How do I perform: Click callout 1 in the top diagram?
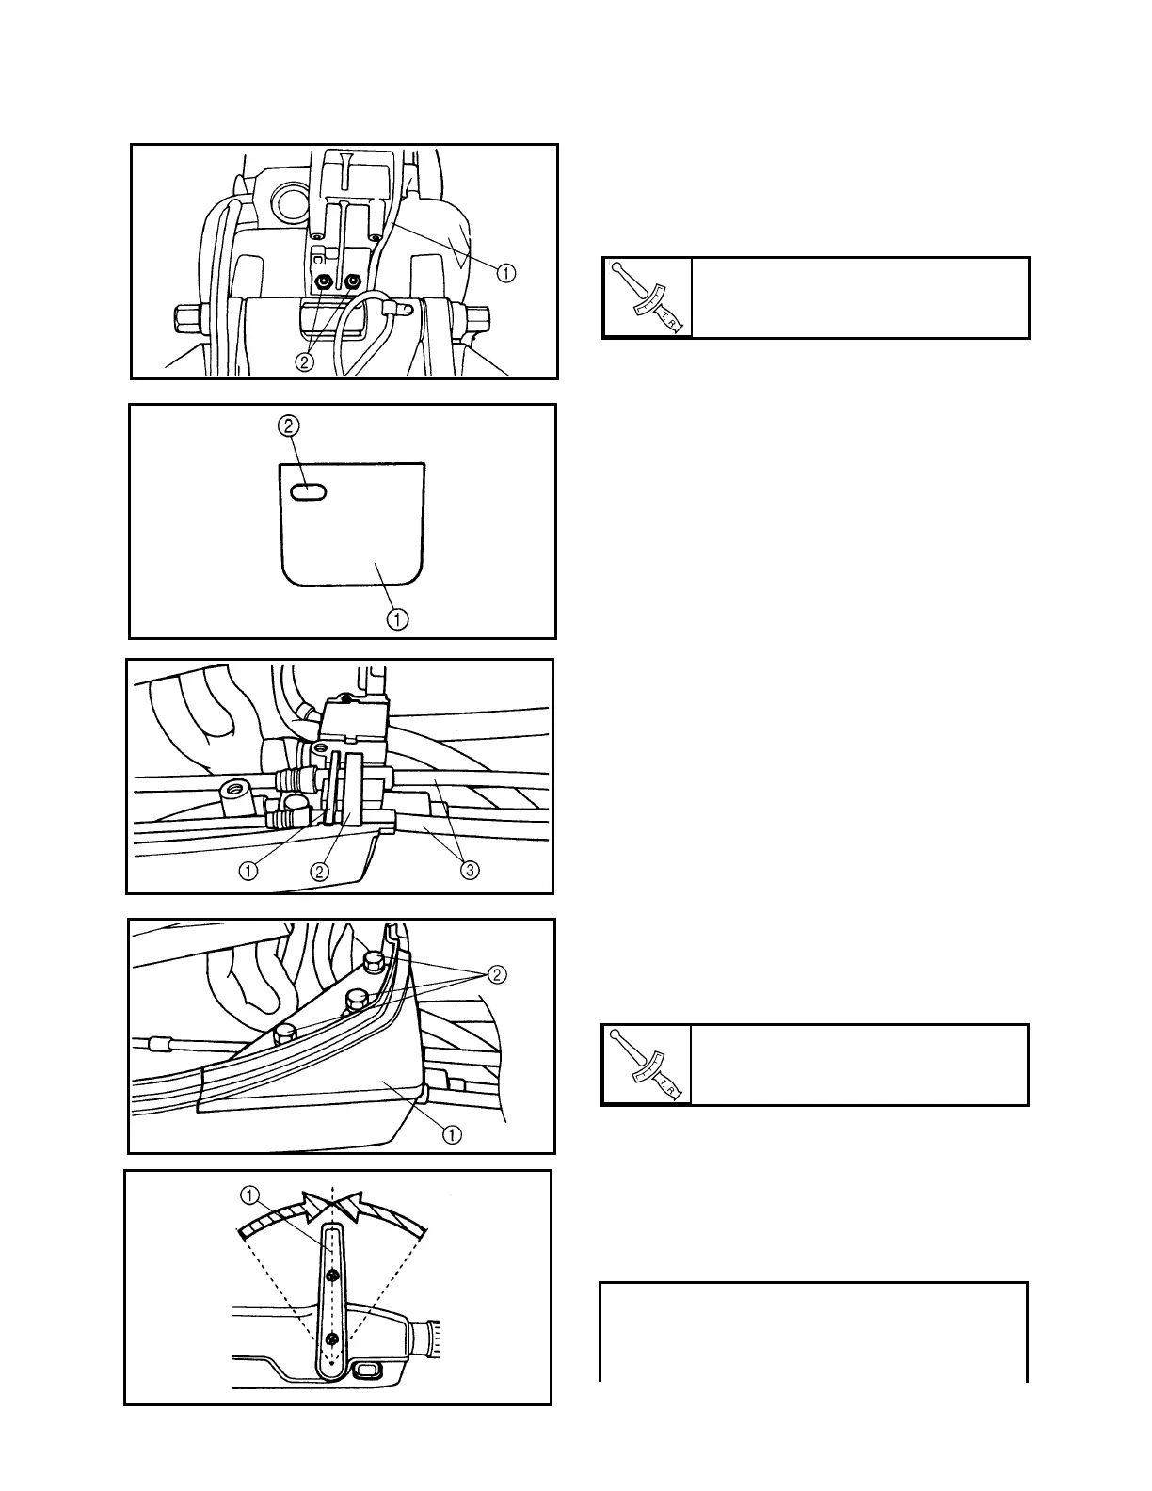click(505, 274)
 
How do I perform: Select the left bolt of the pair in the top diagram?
click(325, 281)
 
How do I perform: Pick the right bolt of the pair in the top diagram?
click(354, 281)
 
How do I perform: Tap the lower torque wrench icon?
click(648, 1065)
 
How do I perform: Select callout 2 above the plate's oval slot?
click(289, 426)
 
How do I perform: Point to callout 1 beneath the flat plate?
click(399, 618)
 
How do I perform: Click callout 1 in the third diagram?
click(248, 871)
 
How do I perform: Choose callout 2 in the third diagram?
click(320, 871)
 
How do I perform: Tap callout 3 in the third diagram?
click(471, 871)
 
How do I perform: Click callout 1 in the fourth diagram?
click(454, 1134)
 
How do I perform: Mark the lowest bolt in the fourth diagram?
click(283, 1034)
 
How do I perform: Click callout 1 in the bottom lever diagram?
click(249, 1194)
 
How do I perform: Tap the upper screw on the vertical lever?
click(332, 1275)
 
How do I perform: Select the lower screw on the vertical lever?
click(331, 1339)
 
